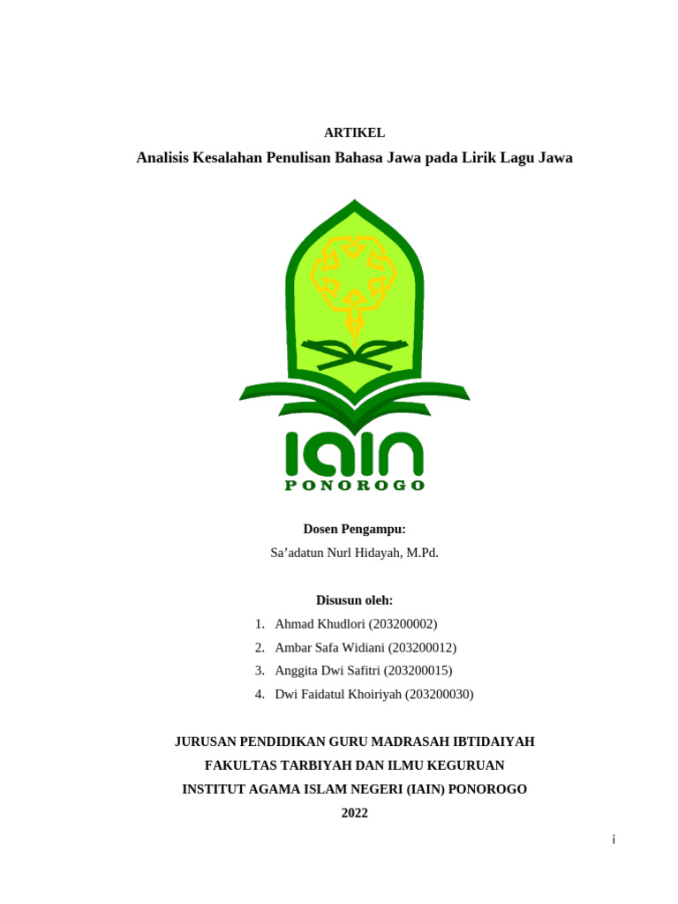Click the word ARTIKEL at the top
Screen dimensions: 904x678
click(354, 132)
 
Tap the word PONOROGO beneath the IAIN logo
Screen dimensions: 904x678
click(354, 486)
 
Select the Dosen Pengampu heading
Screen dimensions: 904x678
click(354, 529)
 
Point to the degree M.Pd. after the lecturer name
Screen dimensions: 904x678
click(422, 553)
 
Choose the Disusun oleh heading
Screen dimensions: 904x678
click(354, 600)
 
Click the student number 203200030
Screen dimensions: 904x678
click(439, 694)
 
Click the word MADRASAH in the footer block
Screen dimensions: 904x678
click(430, 742)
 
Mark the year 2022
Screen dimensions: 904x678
click(354, 813)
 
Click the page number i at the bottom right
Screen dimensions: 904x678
click(613, 840)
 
